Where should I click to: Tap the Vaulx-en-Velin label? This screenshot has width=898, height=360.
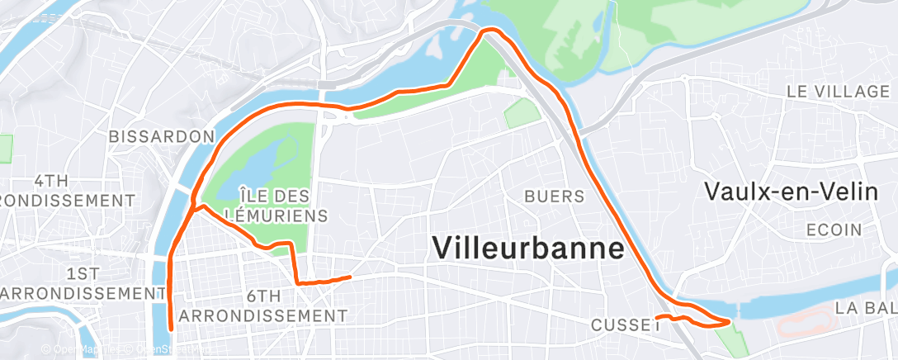point(790,192)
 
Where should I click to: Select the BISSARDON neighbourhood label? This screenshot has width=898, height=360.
point(162,135)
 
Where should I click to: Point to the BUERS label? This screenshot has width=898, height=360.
point(555,197)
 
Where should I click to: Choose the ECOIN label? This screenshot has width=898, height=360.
point(834,230)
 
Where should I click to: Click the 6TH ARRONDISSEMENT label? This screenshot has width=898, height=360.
point(263,306)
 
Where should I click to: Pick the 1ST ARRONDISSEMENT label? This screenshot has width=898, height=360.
point(81,283)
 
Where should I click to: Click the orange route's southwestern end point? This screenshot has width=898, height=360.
point(171,329)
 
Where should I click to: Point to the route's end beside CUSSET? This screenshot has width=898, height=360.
point(655,317)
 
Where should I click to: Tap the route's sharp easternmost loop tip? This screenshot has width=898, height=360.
point(730,320)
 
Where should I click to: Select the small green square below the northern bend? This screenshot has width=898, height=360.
point(519,114)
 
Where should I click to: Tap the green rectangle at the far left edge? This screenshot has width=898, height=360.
point(6,148)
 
